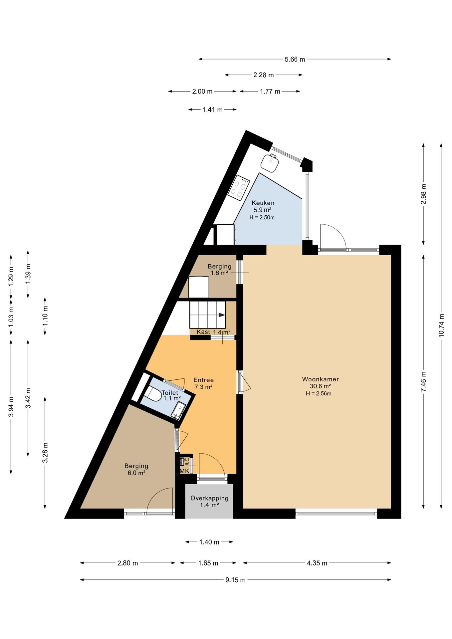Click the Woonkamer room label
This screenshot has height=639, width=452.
point(320,379)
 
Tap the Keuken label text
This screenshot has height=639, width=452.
point(263,203)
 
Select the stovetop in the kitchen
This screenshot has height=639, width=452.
point(239,188)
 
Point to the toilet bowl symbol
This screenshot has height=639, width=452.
point(153,394)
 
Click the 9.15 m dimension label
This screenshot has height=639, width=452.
point(236,580)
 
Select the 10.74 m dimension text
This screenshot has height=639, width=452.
point(441,325)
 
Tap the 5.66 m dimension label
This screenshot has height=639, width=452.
point(295,59)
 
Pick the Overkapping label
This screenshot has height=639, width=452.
point(209,498)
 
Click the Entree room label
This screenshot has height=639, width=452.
point(203,380)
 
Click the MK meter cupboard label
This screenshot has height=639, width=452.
point(185,471)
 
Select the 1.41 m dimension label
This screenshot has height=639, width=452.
point(212,109)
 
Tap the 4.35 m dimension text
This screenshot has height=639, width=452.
point(317,563)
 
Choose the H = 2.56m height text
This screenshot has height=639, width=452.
point(319,393)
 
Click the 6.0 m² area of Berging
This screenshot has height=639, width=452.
point(136,473)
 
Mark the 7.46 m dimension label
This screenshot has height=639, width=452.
point(423,381)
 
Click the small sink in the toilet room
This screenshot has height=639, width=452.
point(179,410)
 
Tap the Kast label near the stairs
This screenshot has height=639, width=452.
point(203,332)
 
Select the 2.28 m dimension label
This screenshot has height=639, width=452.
point(264,75)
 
